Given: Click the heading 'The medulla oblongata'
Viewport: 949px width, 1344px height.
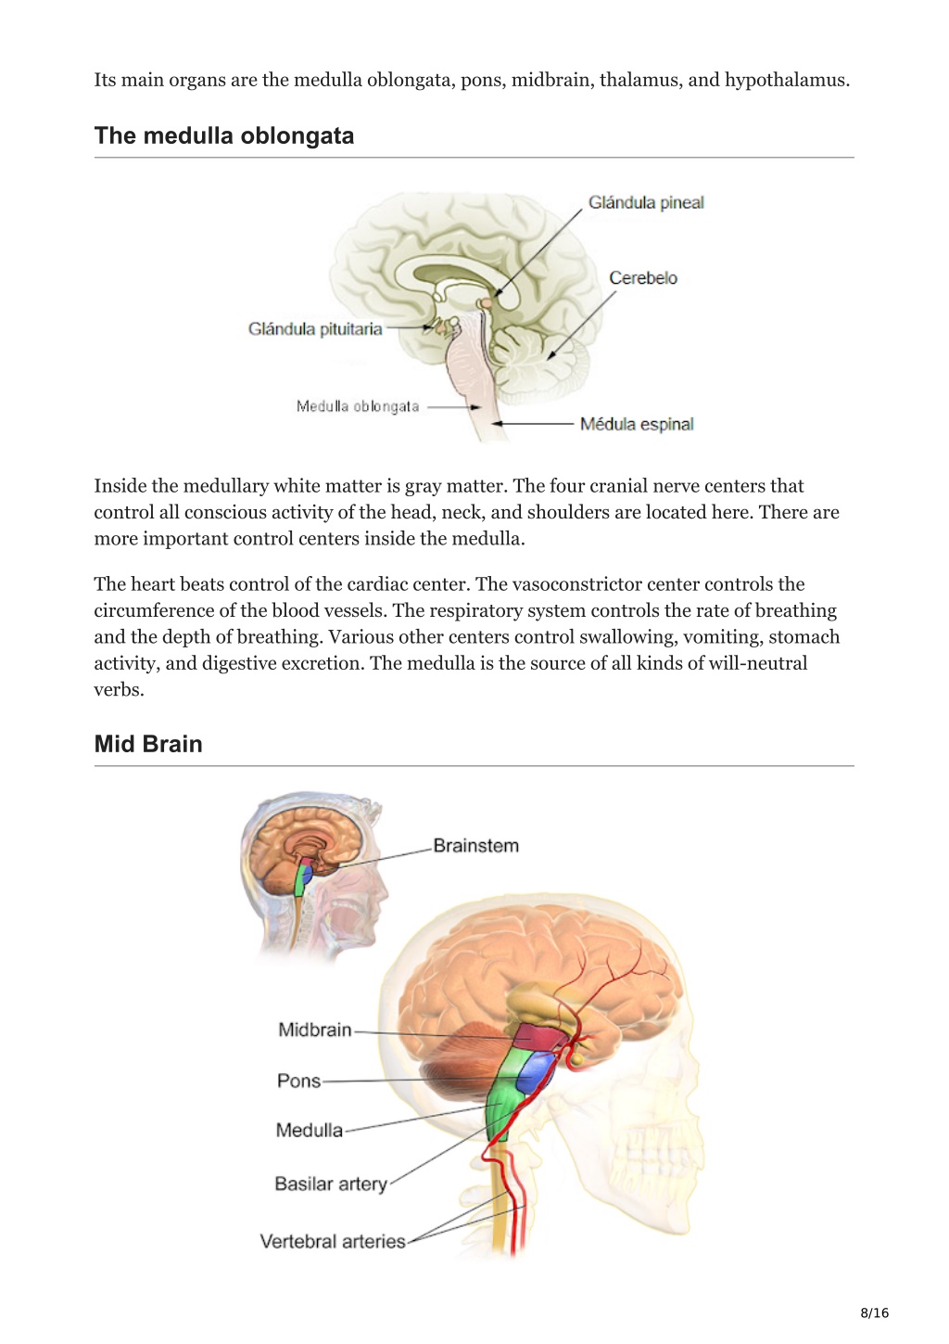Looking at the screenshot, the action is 224,136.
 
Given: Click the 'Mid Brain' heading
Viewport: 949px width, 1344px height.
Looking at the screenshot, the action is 148,744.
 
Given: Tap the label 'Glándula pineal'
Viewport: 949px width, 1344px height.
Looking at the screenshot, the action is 646,203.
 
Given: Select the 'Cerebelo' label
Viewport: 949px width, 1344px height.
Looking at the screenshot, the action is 643,278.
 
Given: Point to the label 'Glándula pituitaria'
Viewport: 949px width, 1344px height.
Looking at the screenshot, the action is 315,328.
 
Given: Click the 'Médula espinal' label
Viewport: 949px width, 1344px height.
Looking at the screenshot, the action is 637,424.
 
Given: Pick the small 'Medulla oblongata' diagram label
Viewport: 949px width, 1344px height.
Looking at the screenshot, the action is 358,406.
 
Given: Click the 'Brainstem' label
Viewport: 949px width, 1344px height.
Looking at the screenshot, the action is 476,845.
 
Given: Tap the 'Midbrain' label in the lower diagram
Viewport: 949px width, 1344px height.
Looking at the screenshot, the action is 315,1030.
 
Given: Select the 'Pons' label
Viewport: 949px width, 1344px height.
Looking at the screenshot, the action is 298,1081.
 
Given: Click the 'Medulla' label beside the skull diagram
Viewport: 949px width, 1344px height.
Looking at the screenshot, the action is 310,1131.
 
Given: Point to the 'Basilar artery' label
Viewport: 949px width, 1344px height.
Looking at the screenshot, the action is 331,1184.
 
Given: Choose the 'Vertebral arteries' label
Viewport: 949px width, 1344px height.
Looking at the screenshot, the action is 333,1241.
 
